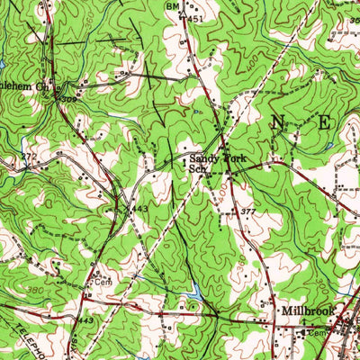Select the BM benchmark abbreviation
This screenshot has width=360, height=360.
[x=172, y=5]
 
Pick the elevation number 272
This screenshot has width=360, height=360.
[x=30, y=157]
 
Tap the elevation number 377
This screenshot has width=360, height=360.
[x=248, y=211]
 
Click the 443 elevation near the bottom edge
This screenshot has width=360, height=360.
[x=85, y=322]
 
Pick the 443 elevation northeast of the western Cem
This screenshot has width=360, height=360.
[x=139, y=209]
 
